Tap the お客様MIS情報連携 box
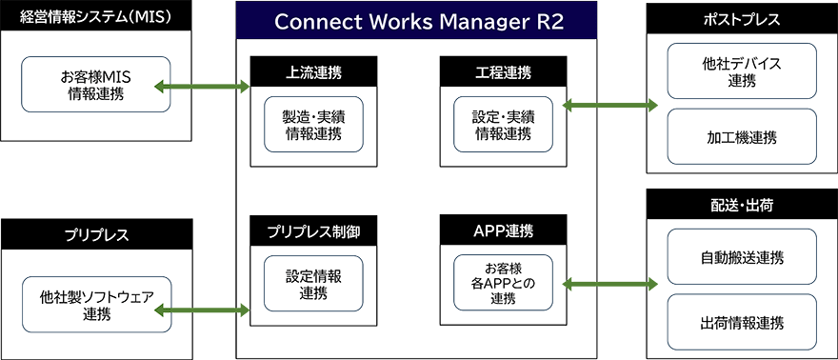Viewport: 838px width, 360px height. pos(95,84)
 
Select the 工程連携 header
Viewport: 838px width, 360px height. pos(502,71)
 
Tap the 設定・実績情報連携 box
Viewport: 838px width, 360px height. pos(503,125)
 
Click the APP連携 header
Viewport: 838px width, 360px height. pos(502,230)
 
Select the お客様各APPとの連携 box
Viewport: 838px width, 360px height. pos(503,283)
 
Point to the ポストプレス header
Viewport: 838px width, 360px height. pos(741,17)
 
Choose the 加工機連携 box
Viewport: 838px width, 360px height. pos(741,137)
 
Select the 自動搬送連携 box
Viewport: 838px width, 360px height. pos(741,258)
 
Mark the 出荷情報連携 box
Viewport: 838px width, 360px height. pos(741,323)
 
